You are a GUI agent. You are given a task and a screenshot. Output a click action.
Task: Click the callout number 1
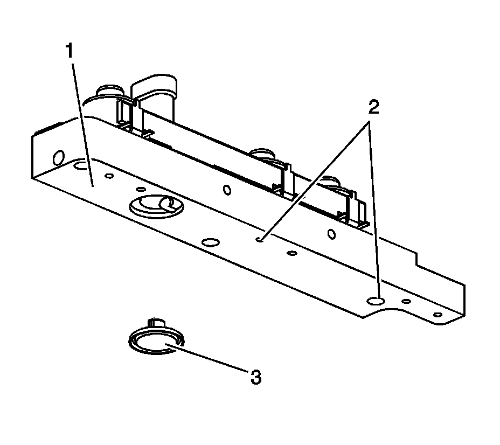(70, 52)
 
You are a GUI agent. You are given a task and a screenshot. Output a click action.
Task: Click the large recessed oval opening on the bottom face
(154, 205)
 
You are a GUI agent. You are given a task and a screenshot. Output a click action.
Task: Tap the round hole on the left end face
(58, 158)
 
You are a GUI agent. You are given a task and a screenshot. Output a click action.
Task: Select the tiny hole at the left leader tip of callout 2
(260, 239)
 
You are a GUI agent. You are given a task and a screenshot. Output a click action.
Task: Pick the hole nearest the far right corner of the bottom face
(438, 315)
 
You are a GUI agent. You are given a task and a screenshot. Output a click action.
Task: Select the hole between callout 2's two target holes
(293, 253)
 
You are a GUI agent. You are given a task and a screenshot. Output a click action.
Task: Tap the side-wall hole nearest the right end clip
(332, 233)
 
